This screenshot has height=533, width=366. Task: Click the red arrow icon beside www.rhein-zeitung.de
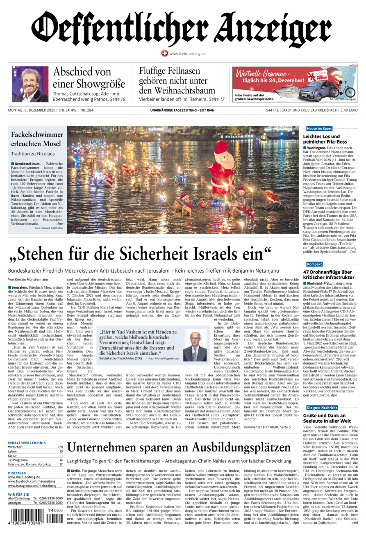click(x=164, y=53)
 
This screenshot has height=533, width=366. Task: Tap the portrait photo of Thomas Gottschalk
click(x=30, y=84)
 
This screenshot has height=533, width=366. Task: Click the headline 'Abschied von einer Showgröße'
click(x=89, y=78)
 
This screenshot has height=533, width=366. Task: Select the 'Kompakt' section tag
click(x=314, y=264)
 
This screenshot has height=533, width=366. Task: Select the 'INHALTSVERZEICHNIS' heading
click(x=27, y=442)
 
